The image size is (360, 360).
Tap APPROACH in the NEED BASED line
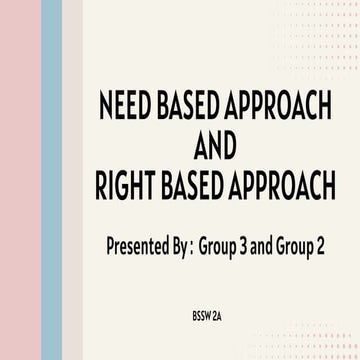point(277,107)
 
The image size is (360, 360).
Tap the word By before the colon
point(179,246)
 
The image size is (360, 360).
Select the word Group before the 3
point(220,246)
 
